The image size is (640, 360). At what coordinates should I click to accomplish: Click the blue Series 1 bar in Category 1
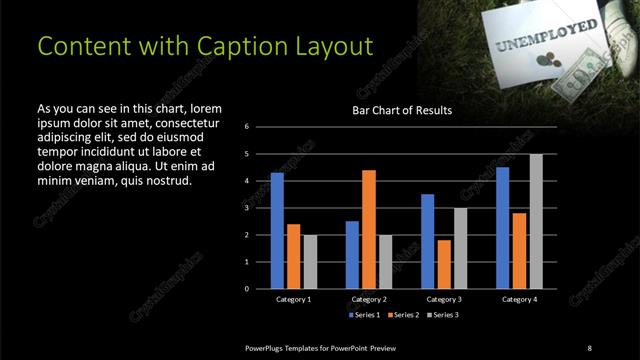pyautogui.click(x=277, y=231)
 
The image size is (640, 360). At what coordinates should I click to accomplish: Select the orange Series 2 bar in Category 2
pyautogui.click(x=368, y=229)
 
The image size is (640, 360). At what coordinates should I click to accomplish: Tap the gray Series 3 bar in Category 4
pyautogui.click(x=536, y=221)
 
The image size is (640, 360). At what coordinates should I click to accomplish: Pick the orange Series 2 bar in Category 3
pyautogui.click(x=443, y=264)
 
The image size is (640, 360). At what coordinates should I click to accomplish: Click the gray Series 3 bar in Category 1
pyautogui.click(x=309, y=262)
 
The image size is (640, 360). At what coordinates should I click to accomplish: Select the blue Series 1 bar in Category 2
pyautogui.click(x=352, y=255)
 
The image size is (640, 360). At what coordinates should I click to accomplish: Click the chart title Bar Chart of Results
pyautogui.click(x=402, y=110)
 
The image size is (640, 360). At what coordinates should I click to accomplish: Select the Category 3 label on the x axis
pyautogui.click(x=443, y=299)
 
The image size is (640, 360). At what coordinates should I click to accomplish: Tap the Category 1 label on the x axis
pyautogui.click(x=293, y=299)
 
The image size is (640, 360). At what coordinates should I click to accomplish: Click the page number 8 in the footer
pyautogui.click(x=589, y=347)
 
